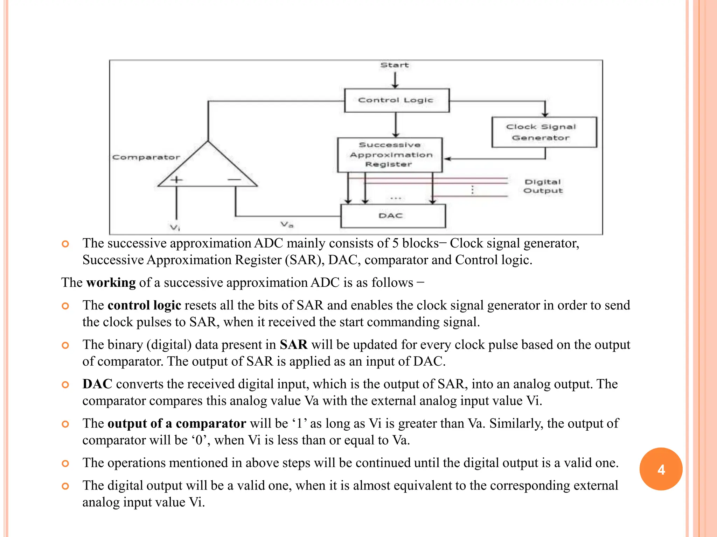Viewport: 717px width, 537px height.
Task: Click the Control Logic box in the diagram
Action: coord(396,100)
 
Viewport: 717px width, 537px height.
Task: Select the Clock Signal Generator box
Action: coord(544,132)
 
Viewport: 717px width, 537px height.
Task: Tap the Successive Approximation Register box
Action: coord(390,155)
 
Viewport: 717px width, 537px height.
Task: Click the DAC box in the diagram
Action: coord(393,216)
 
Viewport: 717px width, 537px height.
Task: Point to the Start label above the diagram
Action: coord(395,65)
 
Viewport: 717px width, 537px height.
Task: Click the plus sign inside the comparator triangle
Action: coord(176,180)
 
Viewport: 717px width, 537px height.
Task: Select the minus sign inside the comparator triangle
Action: coord(234,180)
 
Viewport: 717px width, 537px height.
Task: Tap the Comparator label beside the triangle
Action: coord(146,157)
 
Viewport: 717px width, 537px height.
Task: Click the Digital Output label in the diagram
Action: coord(543,186)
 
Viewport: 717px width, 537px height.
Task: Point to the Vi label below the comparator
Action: coord(175,228)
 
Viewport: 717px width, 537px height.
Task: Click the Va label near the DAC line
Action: coord(287,224)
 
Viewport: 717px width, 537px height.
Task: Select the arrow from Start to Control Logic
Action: coord(395,80)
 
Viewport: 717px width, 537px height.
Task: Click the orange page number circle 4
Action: coord(661,469)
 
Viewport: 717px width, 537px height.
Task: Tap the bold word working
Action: coord(111,282)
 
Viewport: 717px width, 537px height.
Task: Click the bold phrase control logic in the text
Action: coord(144,305)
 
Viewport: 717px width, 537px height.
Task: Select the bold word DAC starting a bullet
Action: coord(97,384)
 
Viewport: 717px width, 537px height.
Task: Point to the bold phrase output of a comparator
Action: coord(177,423)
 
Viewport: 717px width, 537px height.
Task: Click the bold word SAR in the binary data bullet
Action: coord(293,345)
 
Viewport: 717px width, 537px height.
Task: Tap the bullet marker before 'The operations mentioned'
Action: coord(65,464)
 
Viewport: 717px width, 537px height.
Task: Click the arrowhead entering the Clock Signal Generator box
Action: coord(545,114)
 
